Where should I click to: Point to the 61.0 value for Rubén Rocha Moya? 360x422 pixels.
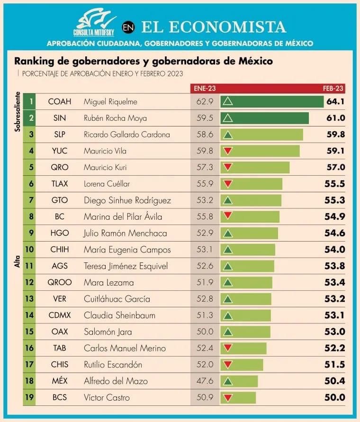(335, 118)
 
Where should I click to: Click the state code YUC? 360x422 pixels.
(60, 151)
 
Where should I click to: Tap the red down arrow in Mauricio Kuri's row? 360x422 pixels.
(228, 167)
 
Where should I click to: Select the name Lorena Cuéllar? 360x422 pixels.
(107, 184)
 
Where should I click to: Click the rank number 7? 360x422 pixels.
(31, 200)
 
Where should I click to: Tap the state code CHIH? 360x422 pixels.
(60, 250)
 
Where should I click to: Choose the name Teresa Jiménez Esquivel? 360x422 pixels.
(126, 266)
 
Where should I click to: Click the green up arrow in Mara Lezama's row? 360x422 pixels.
(228, 283)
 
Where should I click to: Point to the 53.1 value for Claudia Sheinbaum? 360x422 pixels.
(335, 315)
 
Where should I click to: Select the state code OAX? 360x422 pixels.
(60, 332)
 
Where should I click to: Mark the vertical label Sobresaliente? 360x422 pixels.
(18, 111)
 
